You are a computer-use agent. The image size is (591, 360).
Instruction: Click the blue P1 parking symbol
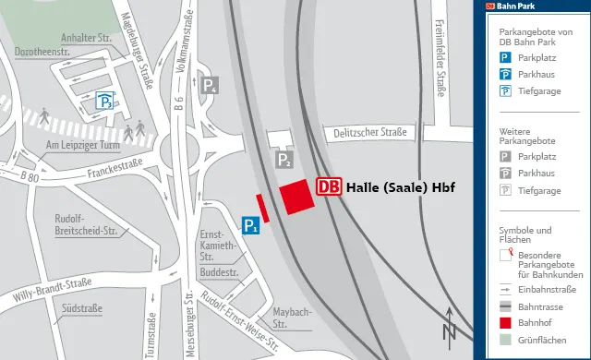(x=249, y=225)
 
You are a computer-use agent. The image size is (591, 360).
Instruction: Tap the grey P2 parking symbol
(x=284, y=161)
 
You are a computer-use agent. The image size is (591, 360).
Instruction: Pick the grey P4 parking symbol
(x=211, y=87)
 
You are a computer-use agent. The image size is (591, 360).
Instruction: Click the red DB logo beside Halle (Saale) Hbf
(x=328, y=186)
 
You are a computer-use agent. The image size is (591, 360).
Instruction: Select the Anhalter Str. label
(x=85, y=37)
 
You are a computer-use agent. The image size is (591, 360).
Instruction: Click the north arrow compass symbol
(x=449, y=325)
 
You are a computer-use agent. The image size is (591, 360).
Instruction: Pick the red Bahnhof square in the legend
(x=505, y=322)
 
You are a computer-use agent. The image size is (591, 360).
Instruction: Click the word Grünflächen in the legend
(x=542, y=339)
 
